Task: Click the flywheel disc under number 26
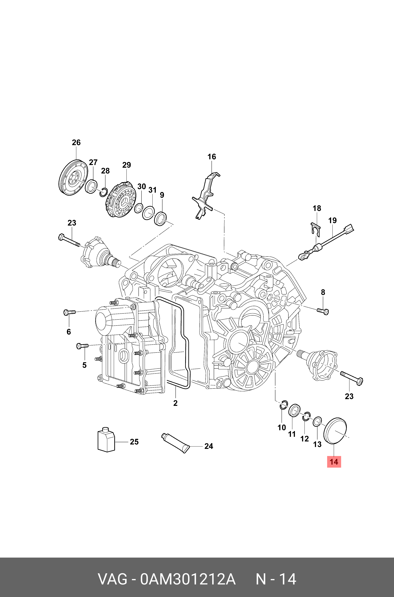73,178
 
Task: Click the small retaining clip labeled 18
316,229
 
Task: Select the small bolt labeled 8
323,312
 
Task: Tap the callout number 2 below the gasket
175,403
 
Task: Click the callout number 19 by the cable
332,220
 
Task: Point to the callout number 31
152,190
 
